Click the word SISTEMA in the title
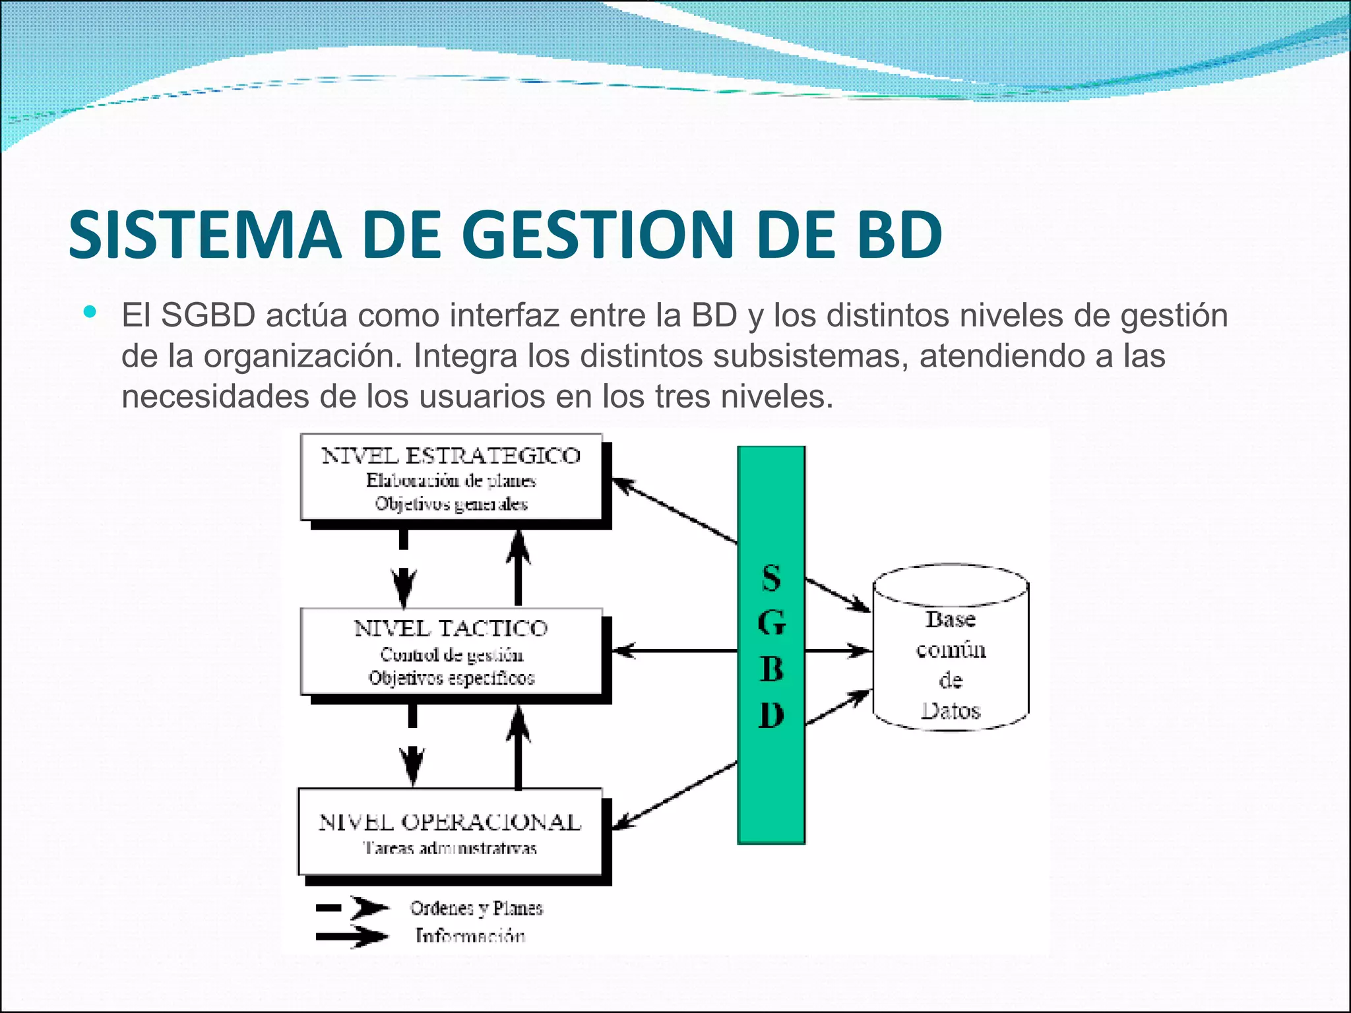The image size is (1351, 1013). pos(204,234)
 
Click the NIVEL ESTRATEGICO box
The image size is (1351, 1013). pos(451,477)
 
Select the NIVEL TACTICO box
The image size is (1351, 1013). pos(451,651)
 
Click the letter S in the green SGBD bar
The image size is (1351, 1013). pos(771,578)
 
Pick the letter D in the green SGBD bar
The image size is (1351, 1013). pos(771,715)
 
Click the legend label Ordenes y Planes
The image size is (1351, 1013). pos(476,908)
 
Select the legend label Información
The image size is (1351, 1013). pos(470,935)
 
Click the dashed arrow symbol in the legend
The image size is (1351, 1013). pos(352,908)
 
